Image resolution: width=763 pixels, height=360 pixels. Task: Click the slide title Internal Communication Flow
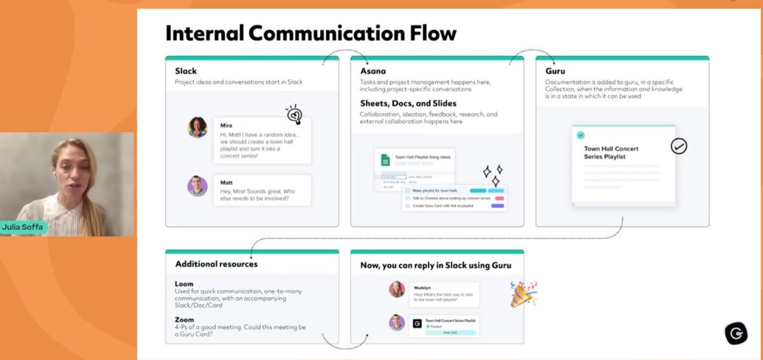(x=311, y=33)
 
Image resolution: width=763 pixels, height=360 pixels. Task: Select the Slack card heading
(x=186, y=71)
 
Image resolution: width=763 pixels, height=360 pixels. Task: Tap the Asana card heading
(x=373, y=71)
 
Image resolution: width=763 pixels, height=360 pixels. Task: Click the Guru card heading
(x=555, y=71)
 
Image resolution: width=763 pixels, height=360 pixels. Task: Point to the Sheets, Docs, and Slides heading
(x=408, y=103)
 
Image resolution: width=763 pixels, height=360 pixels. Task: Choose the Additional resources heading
(x=216, y=263)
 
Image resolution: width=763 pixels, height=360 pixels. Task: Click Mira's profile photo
(x=198, y=127)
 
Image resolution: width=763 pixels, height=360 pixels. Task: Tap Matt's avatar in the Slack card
(x=198, y=186)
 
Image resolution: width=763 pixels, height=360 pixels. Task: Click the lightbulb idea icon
(x=294, y=114)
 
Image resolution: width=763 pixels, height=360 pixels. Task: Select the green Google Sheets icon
(x=385, y=160)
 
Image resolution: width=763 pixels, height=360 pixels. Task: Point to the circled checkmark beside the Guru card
(x=678, y=146)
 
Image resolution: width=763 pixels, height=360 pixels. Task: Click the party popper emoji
(x=523, y=294)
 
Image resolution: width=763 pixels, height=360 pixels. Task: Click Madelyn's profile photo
(x=397, y=289)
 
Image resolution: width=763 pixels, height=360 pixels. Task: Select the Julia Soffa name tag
(x=24, y=227)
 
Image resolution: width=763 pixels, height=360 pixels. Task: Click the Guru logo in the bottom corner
(x=736, y=333)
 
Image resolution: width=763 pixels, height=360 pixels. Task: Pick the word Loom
(x=184, y=284)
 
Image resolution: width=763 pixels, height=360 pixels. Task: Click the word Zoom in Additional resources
(x=184, y=320)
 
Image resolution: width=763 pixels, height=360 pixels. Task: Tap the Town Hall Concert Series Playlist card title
(x=611, y=153)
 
